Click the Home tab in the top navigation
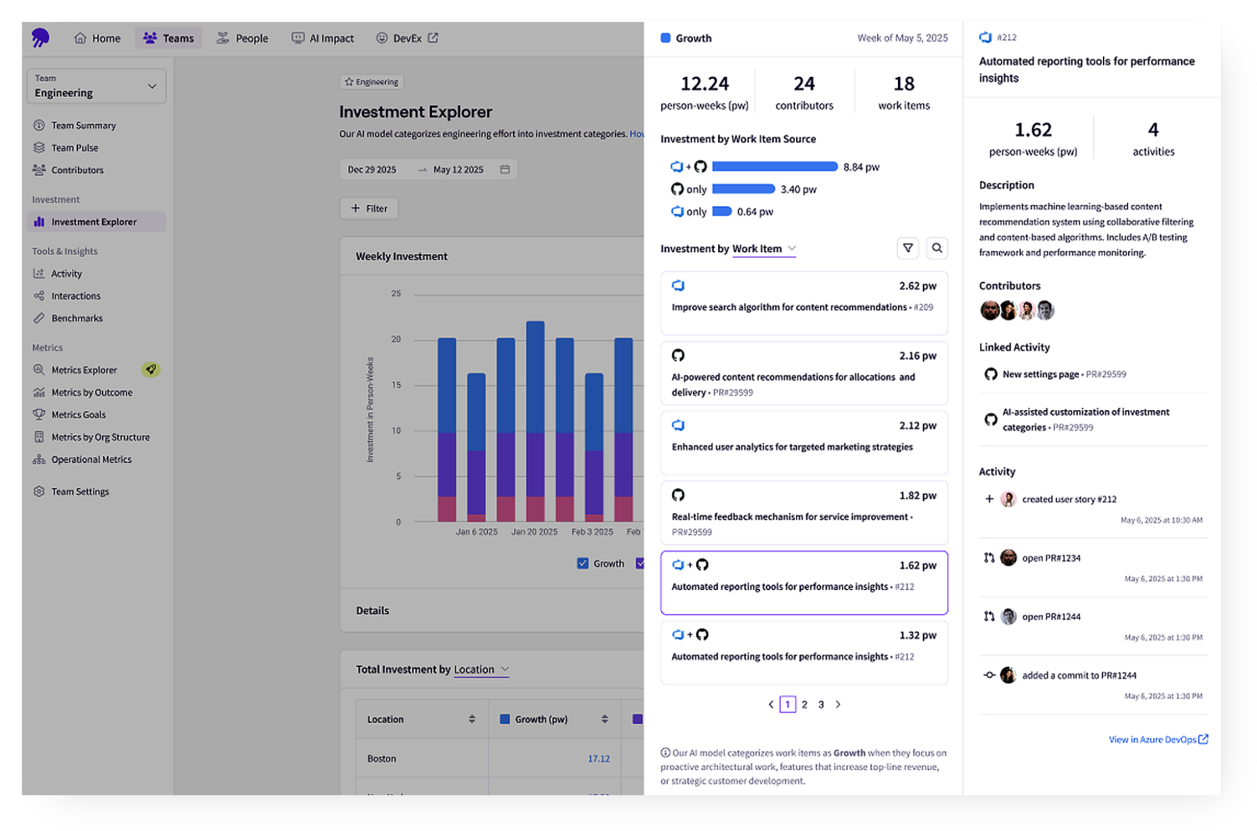tap(97, 38)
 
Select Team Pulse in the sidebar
tap(74, 148)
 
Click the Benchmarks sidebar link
tap(77, 318)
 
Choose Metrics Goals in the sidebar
tap(78, 415)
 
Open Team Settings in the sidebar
tap(80, 491)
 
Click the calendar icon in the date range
tap(505, 169)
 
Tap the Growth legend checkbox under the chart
tap(583, 563)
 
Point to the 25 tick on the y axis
tap(396, 294)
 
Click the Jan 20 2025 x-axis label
tap(534, 532)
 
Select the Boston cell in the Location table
tap(382, 759)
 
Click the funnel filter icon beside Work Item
tap(908, 248)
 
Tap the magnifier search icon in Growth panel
tap(937, 248)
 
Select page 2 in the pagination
tap(804, 705)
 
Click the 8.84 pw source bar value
tap(861, 167)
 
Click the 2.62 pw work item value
tap(917, 286)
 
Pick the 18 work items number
tap(904, 84)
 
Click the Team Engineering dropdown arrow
tap(152, 86)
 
